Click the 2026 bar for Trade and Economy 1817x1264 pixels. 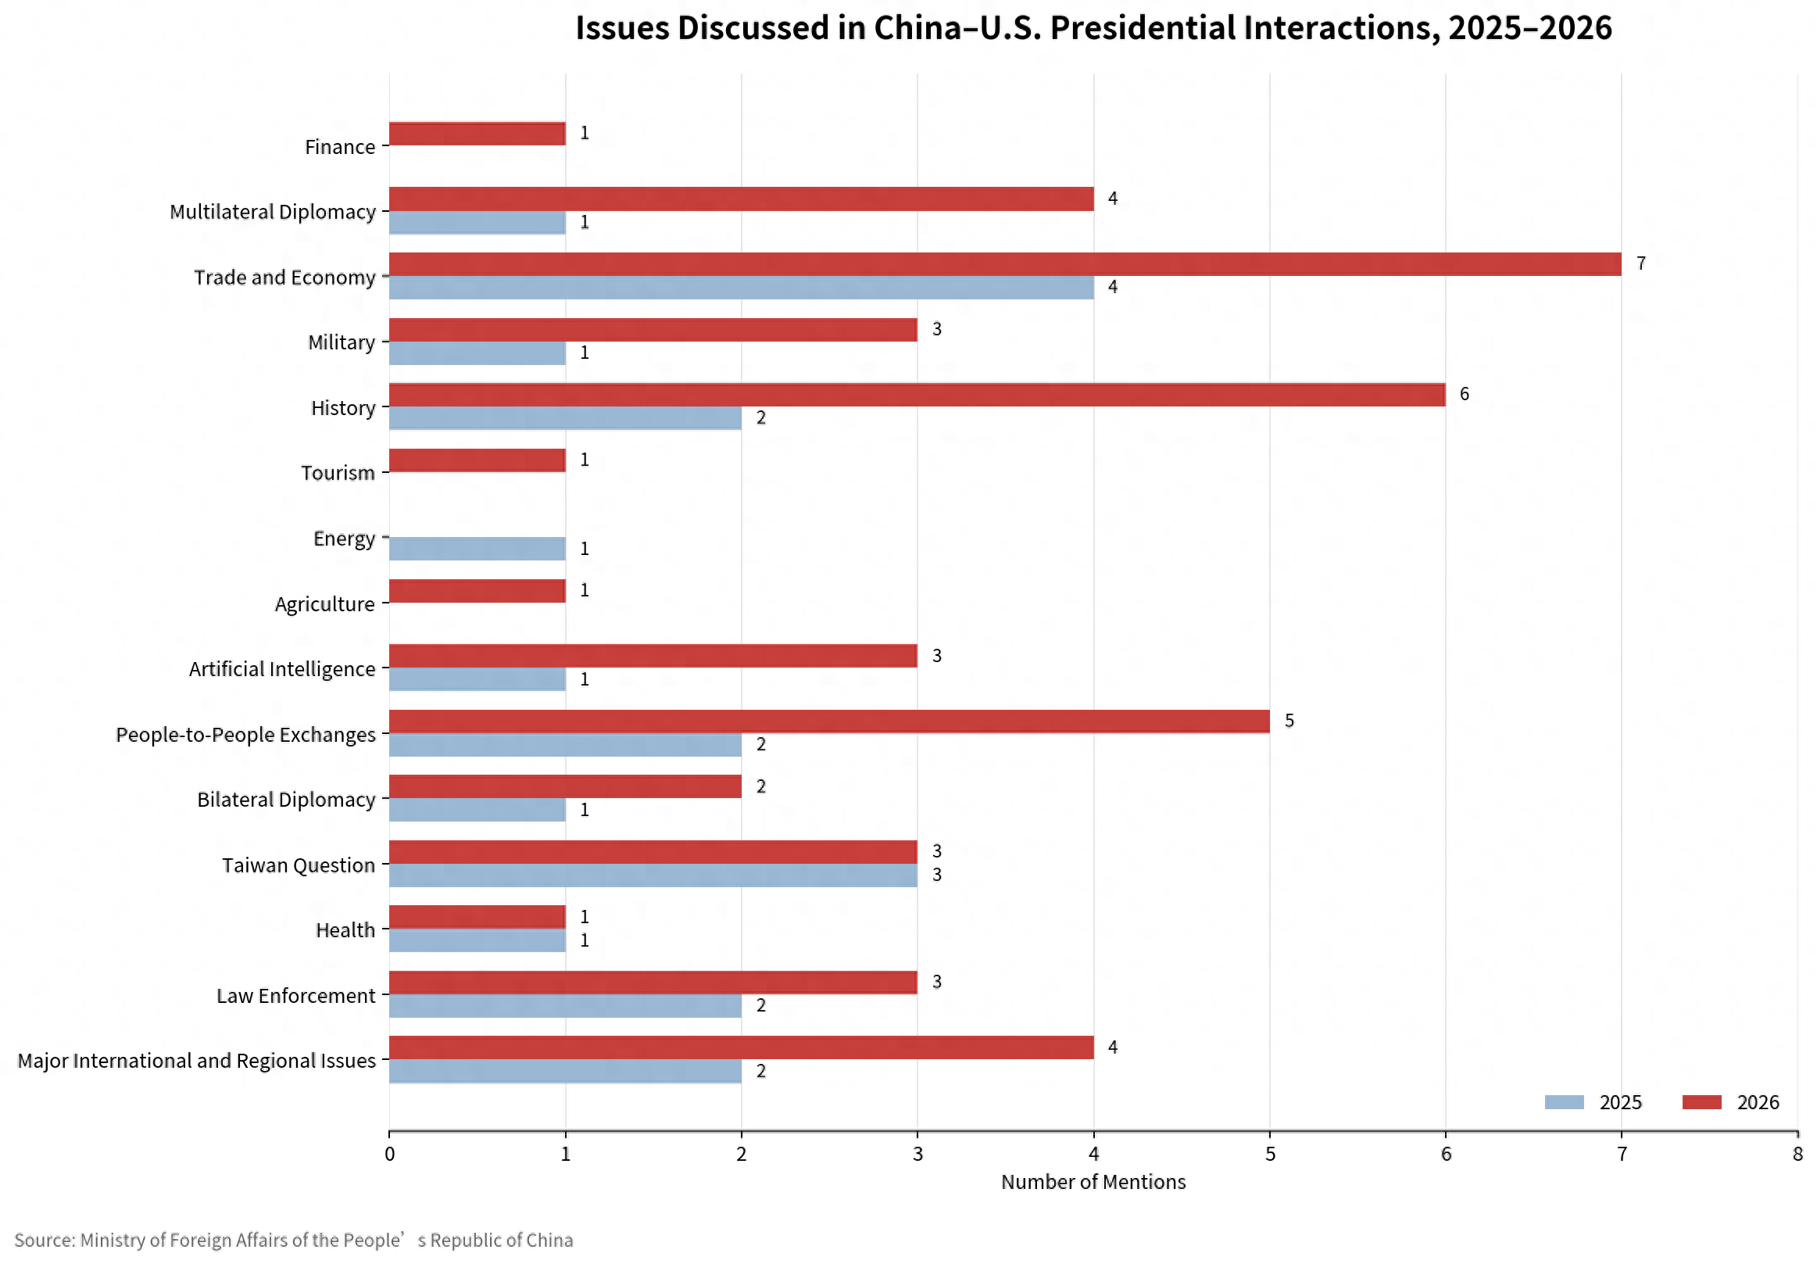(x=1005, y=264)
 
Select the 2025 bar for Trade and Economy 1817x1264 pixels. (x=742, y=288)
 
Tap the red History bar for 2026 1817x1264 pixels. (x=917, y=395)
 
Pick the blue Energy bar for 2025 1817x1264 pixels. (x=477, y=549)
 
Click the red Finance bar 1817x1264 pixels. (x=477, y=134)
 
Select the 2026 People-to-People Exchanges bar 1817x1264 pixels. (x=829, y=722)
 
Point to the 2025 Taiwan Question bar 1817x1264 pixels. (x=653, y=875)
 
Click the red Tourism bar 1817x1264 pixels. (x=477, y=460)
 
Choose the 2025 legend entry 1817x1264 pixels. (x=1593, y=1102)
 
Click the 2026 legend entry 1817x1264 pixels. (x=1731, y=1102)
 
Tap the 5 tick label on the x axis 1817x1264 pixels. (x=1270, y=1154)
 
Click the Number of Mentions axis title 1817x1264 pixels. (x=1093, y=1182)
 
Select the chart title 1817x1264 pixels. (x=1093, y=28)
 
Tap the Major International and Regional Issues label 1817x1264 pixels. (x=197, y=1061)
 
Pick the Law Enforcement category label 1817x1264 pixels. (x=296, y=996)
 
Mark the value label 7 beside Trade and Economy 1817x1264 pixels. (x=1641, y=263)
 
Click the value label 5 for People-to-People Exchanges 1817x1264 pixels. (x=1289, y=721)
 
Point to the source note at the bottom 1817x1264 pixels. (x=294, y=1241)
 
